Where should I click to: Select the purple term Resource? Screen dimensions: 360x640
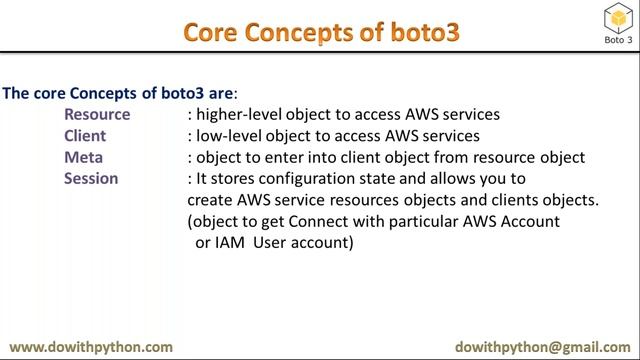point(97,115)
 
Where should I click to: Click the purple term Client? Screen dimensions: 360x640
point(85,136)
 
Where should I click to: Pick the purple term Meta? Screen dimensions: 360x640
point(83,157)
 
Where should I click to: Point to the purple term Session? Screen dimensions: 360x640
point(91,178)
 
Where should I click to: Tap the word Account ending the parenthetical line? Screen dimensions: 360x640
point(531,220)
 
